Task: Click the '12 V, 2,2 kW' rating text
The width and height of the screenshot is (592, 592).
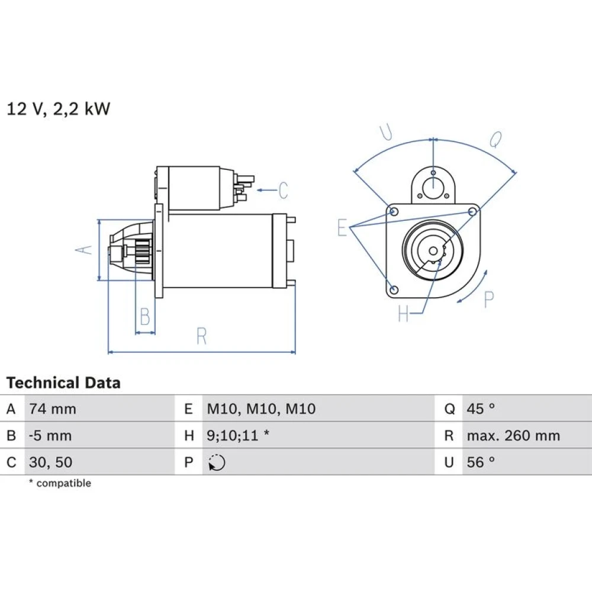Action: pyautogui.click(x=59, y=109)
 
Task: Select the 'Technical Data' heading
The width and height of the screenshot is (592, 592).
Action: pyautogui.click(x=63, y=383)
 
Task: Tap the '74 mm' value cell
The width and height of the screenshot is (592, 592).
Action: pyautogui.click(x=53, y=409)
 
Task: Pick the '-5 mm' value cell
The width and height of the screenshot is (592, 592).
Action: pyautogui.click(x=50, y=436)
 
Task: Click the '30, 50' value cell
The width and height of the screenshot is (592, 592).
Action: pyautogui.click(x=50, y=462)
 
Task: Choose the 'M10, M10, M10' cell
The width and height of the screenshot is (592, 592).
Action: pyautogui.click(x=261, y=409)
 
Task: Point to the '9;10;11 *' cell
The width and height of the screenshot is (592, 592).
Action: pyautogui.click(x=238, y=436)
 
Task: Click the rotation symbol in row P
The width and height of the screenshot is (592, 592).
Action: pyautogui.click(x=217, y=462)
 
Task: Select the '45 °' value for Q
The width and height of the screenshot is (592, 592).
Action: pyautogui.click(x=481, y=408)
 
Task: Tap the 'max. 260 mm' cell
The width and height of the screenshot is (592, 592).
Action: pyautogui.click(x=513, y=436)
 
